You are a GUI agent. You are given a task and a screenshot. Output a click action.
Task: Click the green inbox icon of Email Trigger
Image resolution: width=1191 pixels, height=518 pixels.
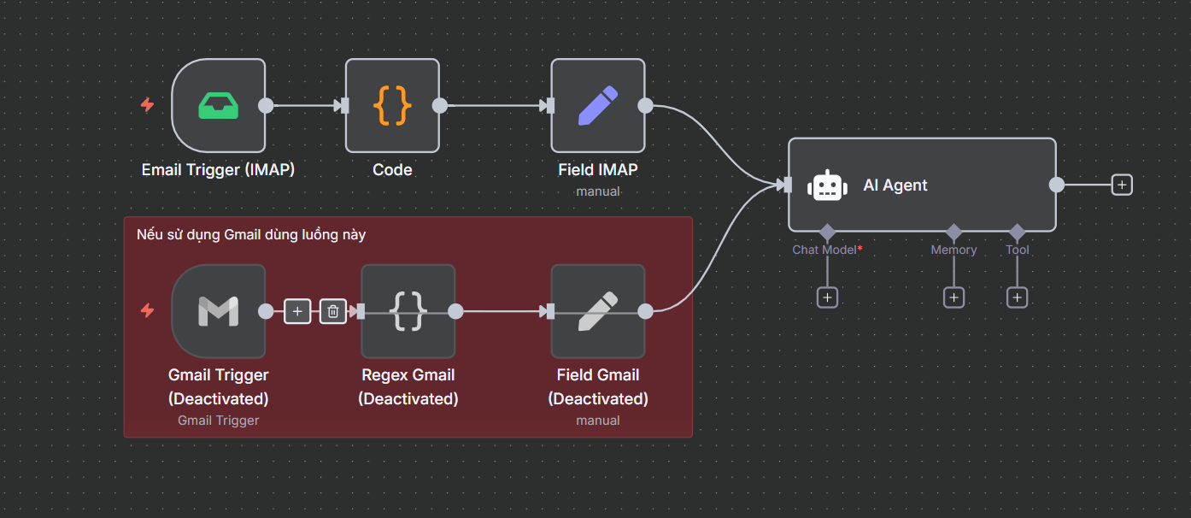coord(218,105)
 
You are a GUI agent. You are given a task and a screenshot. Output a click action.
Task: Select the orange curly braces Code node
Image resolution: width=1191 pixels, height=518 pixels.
coord(392,105)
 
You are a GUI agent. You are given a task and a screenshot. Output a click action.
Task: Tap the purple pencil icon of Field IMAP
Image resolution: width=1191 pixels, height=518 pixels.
coord(597,105)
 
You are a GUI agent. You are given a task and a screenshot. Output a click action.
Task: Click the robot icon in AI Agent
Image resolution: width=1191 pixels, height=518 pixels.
coord(827,185)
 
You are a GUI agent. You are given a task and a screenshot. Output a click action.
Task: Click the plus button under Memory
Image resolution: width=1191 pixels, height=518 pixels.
coord(953,297)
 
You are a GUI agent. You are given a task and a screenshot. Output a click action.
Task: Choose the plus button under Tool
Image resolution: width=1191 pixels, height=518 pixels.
coord(1018,297)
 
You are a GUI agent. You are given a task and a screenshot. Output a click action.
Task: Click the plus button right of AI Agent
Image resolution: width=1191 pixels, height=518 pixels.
coord(1122,185)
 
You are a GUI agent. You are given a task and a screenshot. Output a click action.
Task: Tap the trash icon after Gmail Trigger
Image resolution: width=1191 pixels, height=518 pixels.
coord(333,311)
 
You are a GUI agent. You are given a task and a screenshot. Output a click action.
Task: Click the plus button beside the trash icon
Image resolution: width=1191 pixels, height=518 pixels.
coord(297,311)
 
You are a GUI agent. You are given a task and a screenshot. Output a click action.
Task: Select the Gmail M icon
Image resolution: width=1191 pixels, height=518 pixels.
coord(218,311)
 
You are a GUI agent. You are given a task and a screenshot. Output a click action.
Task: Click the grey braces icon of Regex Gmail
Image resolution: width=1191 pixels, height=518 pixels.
coord(408,311)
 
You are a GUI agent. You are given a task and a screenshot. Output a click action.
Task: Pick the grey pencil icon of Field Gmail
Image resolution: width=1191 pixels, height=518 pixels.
coord(597,311)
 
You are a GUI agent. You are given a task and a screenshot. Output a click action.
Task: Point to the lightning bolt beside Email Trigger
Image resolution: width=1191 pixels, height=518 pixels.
coord(147,105)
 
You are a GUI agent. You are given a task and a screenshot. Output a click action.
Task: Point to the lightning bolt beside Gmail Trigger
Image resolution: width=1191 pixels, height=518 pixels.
coord(147,310)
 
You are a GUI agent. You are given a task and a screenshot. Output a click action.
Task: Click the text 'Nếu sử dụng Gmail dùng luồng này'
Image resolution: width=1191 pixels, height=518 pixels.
coord(251,234)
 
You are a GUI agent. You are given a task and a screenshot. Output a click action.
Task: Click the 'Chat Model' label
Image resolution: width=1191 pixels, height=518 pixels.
coord(824,250)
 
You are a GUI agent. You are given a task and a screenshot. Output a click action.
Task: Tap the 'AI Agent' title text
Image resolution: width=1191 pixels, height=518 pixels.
coord(895,185)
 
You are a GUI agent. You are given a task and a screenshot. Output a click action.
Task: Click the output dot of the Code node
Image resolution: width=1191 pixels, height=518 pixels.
coord(440,105)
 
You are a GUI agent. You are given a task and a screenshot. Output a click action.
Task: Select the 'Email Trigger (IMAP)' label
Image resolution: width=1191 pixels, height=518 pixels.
coord(218,169)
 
